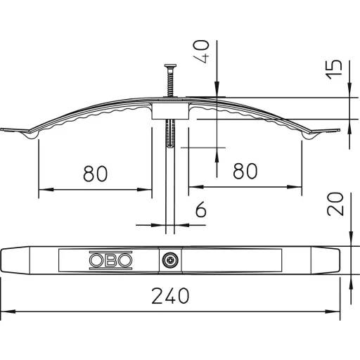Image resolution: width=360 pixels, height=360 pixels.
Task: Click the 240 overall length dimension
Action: (x=170, y=295)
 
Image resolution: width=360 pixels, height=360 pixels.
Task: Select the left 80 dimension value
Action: (x=96, y=174)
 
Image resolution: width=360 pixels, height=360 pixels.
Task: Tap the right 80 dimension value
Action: (x=245, y=171)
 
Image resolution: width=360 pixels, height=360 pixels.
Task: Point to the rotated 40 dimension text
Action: (x=202, y=51)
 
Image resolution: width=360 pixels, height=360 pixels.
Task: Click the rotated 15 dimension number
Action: (x=334, y=70)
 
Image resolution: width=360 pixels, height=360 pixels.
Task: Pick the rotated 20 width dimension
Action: (x=335, y=204)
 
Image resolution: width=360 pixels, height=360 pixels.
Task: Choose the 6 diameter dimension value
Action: (x=201, y=209)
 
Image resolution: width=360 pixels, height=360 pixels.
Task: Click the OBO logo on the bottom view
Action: (x=110, y=260)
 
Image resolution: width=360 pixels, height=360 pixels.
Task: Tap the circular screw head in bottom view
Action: (x=170, y=260)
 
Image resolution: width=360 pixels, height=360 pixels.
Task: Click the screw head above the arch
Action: (x=170, y=66)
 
